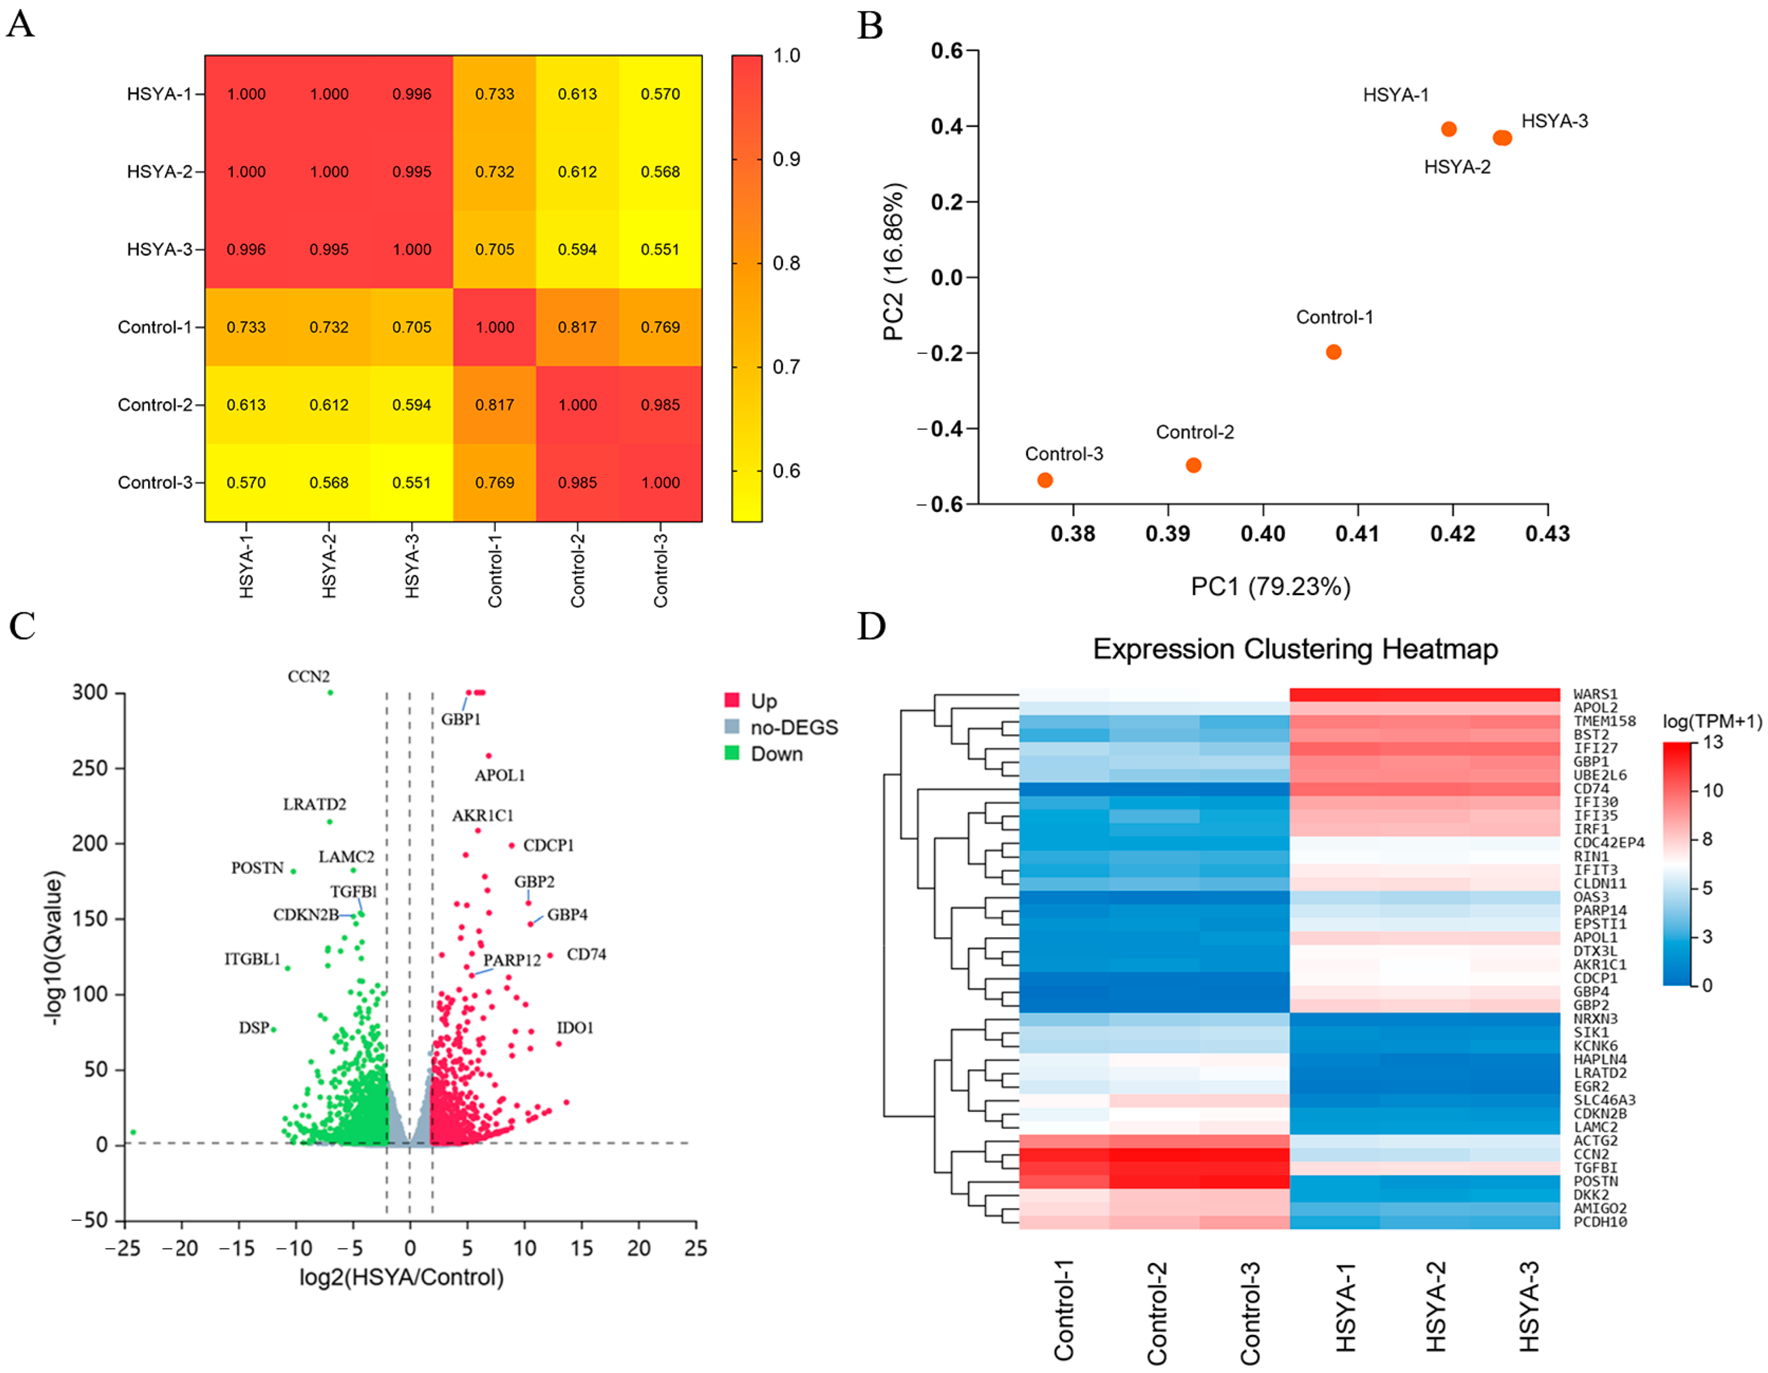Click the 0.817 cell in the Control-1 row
click(x=577, y=327)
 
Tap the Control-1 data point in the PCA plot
click(x=1333, y=352)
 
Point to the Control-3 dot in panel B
click(x=1045, y=480)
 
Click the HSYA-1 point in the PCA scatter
click(x=1449, y=129)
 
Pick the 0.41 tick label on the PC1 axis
click(x=1358, y=534)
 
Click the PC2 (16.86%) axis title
click(x=894, y=261)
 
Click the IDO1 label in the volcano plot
click(x=575, y=1028)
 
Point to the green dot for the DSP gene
click(x=274, y=1029)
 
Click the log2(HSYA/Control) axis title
click(x=401, y=1277)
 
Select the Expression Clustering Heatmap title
click(x=1295, y=649)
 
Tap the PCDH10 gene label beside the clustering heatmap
click(x=1600, y=1222)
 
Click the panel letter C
click(x=22, y=625)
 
